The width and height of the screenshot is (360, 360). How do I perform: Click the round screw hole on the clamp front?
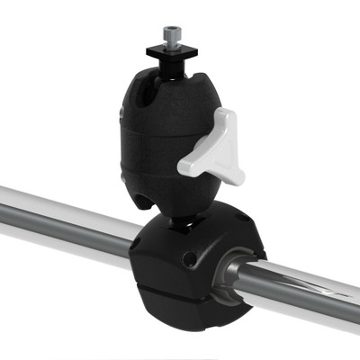point(188,260)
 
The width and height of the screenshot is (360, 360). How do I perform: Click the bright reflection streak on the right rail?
point(315,286)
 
